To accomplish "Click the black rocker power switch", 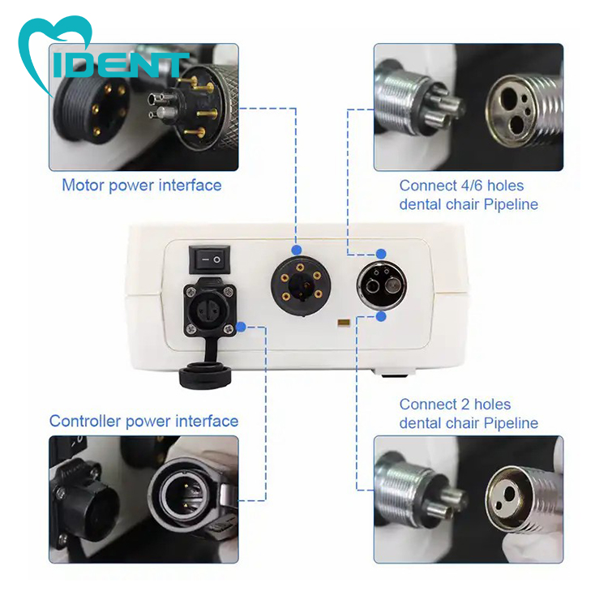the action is click(x=209, y=259).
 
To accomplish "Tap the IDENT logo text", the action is click(x=120, y=64).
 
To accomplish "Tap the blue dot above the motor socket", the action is click(x=297, y=250).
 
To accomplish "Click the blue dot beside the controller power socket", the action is click(x=241, y=327).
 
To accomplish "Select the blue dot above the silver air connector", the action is click(x=381, y=254).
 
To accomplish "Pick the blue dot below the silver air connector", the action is click(x=381, y=316).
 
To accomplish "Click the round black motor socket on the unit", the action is click(x=301, y=286).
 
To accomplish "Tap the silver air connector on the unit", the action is click(x=382, y=285).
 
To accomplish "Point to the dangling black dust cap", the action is click(x=205, y=375).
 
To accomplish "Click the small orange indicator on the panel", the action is click(x=344, y=323).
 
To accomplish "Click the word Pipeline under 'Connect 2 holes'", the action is click(x=511, y=423).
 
